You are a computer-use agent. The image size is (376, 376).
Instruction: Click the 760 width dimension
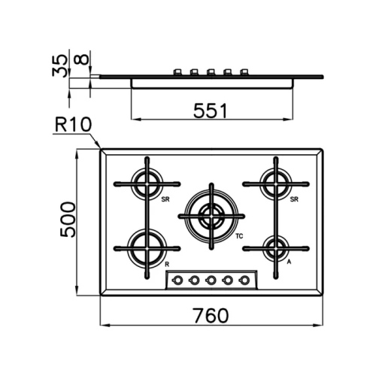click(x=211, y=316)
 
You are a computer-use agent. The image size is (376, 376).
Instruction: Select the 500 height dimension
click(x=68, y=220)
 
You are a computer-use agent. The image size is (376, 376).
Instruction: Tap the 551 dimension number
click(x=211, y=111)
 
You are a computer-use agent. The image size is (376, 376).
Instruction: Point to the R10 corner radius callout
click(x=73, y=125)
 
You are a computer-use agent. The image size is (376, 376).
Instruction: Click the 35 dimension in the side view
click(x=59, y=65)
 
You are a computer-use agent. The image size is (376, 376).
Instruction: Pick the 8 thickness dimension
click(x=82, y=59)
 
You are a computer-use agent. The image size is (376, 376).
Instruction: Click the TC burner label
click(x=239, y=236)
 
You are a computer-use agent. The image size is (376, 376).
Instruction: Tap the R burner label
click(x=167, y=264)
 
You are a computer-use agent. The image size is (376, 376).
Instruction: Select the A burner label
click(x=289, y=262)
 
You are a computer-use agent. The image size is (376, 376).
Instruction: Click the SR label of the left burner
click(x=165, y=199)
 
